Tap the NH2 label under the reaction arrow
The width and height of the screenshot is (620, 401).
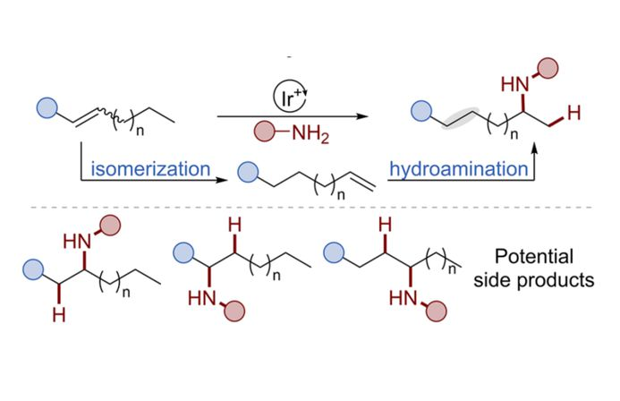tap(310, 138)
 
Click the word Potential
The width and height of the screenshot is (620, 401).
tap(547, 255)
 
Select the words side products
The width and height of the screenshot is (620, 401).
tap(548, 280)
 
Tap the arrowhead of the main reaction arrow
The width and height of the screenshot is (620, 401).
tap(363, 115)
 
